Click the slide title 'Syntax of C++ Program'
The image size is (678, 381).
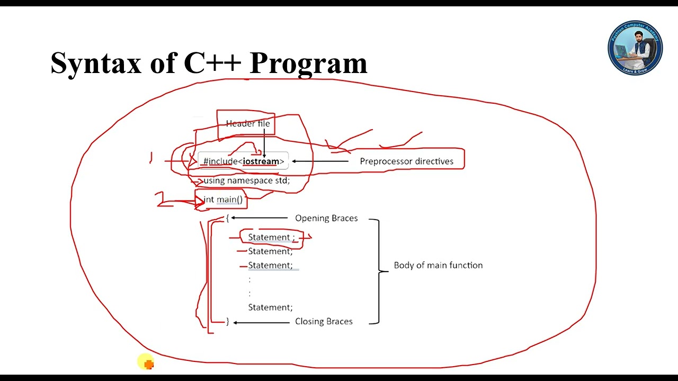coord(209,63)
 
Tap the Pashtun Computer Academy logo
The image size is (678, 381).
coord(635,48)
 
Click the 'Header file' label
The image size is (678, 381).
coord(247,124)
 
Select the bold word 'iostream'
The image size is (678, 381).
coord(261,161)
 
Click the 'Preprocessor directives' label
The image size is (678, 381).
coord(406,161)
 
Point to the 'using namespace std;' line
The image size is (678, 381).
coord(246,180)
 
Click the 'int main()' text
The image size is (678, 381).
coord(223,199)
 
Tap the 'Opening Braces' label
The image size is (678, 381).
coord(326,218)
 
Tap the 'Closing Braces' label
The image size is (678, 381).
coord(323,321)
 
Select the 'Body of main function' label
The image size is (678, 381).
coord(438,265)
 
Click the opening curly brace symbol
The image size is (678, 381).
coord(227,217)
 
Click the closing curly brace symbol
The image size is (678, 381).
coord(228,321)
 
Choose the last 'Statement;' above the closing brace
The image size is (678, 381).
coord(270,307)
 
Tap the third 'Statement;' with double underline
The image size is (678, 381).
coord(270,265)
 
